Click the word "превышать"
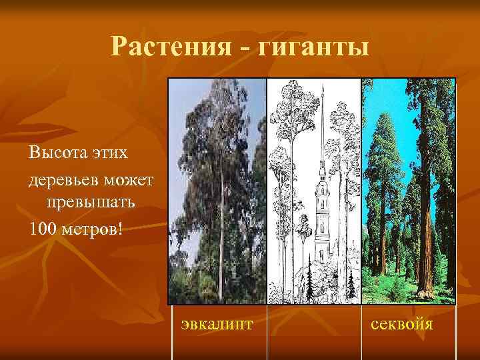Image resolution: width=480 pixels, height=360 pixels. (92, 203)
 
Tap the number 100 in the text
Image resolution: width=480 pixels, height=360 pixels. (41, 229)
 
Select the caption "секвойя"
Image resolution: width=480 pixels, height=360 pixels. (402, 325)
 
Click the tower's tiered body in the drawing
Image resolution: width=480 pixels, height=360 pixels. (321, 213)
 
